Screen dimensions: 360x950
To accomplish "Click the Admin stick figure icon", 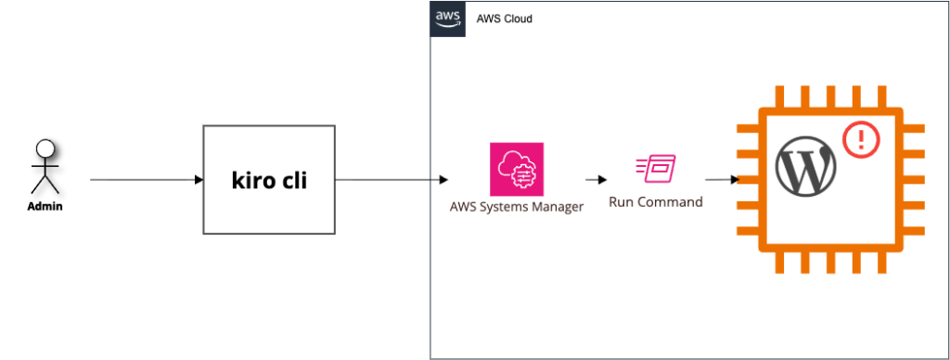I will click(x=45, y=167).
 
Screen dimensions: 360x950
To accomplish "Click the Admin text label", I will click(x=45, y=206).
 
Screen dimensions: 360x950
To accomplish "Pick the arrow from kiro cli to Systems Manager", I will click(x=391, y=179).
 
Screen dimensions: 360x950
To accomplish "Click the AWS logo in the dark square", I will click(x=447, y=18).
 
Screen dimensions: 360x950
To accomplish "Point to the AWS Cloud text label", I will click(x=504, y=19).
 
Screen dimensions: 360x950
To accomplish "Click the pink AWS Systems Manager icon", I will click(x=517, y=169).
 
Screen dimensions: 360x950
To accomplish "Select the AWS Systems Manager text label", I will click(x=517, y=207).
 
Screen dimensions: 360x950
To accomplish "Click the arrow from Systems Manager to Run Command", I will click(x=596, y=179).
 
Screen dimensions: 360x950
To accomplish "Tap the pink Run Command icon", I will click(x=655, y=168).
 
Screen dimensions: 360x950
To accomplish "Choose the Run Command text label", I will click(x=655, y=201).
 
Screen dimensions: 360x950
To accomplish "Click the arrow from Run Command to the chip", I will click(x=722, y=179).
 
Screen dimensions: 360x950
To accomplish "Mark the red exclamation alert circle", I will click(x=861, y=140).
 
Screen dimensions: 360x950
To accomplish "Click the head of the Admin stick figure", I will click(x=45, y=148).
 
